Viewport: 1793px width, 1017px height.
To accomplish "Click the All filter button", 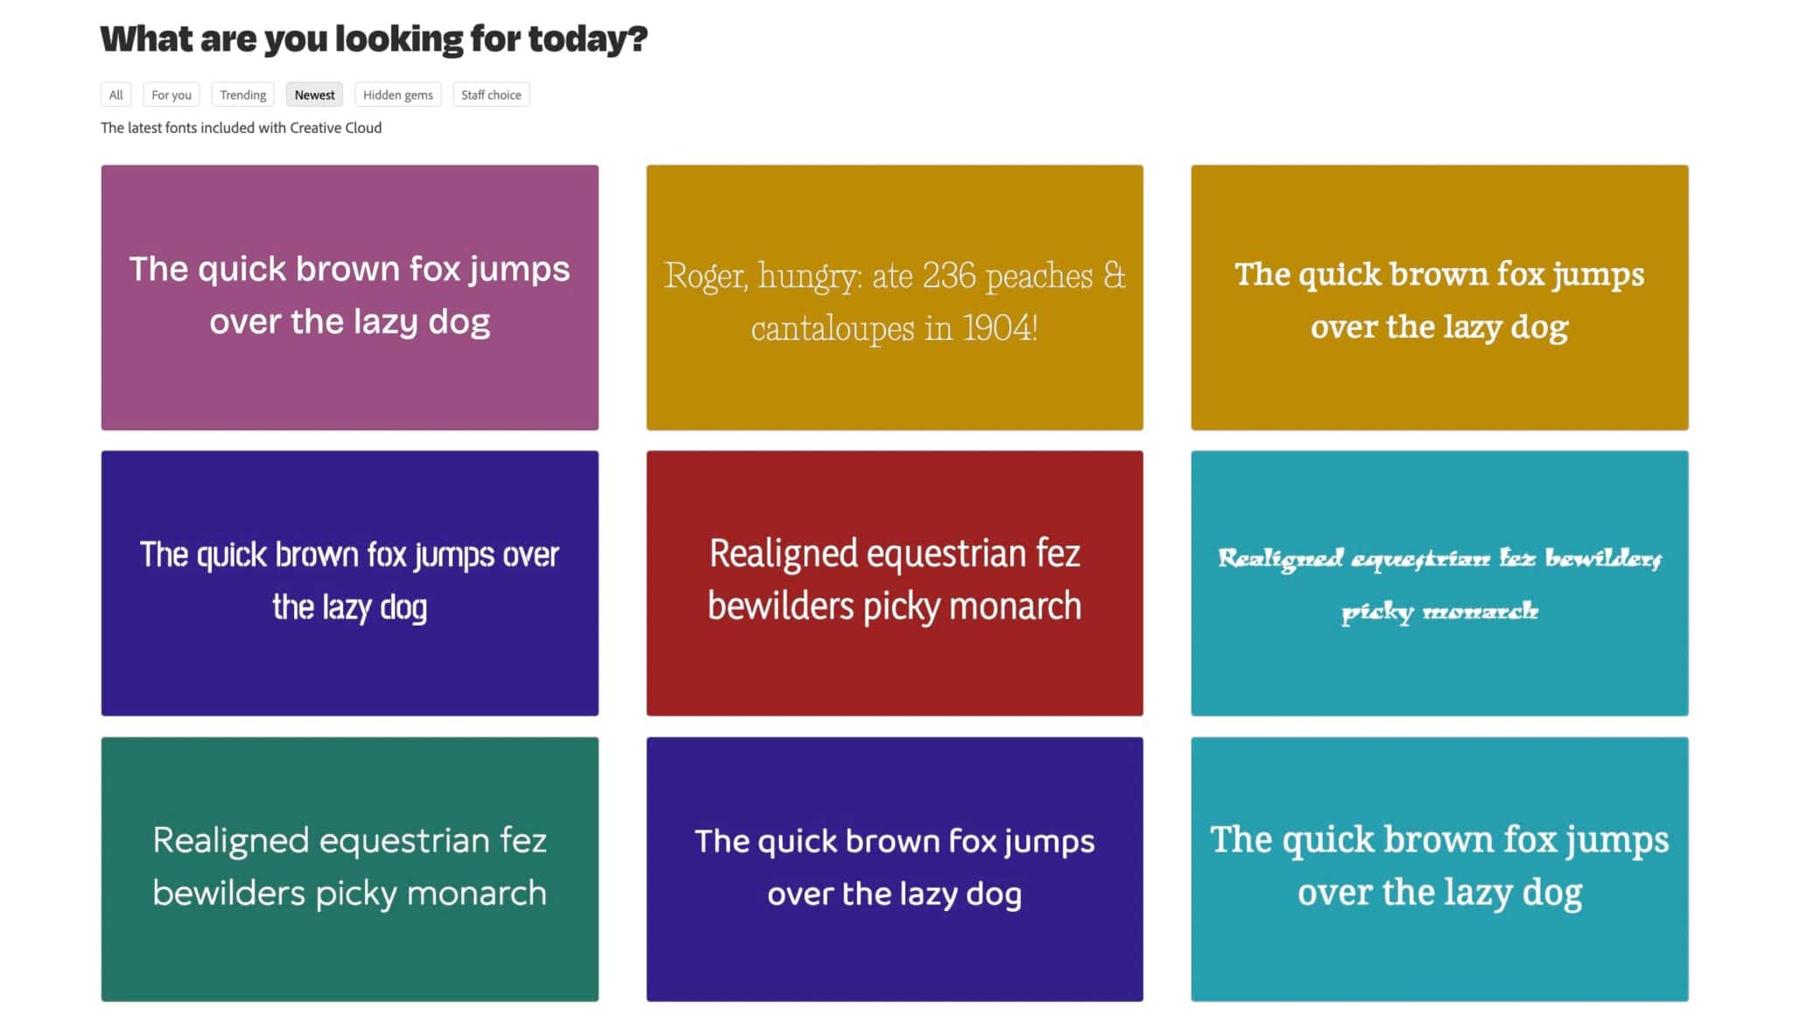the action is tap(116, 95).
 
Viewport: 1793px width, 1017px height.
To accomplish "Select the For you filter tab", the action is tap(172, 95).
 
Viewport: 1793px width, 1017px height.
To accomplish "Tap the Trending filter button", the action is tap(243, 95).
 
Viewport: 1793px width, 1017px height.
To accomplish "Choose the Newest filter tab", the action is tap(314, 95).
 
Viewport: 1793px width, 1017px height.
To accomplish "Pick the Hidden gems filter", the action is tap(397, 95).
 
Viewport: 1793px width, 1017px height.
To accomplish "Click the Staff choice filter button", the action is tap(491, 95).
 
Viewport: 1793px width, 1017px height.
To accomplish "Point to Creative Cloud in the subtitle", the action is tap(335, 128).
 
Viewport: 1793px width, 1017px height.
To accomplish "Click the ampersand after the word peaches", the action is tap(1114, 276).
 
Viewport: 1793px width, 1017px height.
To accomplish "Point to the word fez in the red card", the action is tap(1058, 554).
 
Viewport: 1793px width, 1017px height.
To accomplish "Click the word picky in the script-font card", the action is tap(1377, 611).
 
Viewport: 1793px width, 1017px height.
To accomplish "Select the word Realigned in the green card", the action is tap(231, 841).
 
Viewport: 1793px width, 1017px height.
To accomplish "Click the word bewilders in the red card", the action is tap(780, 606).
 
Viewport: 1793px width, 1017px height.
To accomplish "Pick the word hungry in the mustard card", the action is tap(810, 277).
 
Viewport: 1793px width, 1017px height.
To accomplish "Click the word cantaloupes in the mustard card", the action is tap(833, 329).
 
